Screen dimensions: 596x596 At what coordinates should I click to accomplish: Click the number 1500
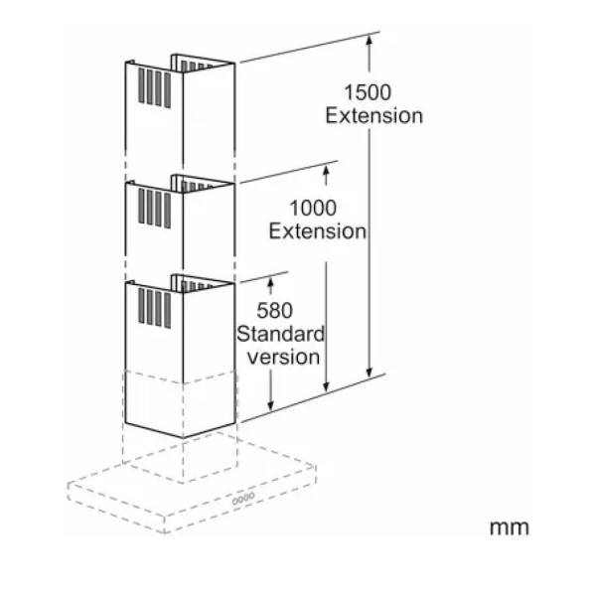pos(368,92)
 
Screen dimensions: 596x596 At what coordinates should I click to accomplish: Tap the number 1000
pos(313,208)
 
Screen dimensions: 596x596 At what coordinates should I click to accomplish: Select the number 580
pos(274,310)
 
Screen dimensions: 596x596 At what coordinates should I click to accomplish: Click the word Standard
pos(280,334)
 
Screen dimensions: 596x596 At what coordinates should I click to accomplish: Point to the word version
pos(283,357)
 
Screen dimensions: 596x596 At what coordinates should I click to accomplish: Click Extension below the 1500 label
pos(374,115)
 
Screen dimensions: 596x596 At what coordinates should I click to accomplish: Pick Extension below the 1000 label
pos(318,231)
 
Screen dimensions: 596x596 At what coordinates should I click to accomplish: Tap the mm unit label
pos(509,527)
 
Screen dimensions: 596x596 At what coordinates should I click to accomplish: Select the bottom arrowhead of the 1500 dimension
pos(369,374)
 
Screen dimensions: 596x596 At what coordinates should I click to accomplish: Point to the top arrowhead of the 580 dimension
pos(270,280)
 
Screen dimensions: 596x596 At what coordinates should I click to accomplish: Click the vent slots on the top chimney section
pos(154,88)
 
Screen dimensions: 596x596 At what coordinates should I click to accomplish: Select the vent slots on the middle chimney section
pos(154,208)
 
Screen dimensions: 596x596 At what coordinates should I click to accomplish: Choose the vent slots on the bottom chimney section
pos(154,308)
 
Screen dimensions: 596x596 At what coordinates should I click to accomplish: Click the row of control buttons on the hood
pos(243,499)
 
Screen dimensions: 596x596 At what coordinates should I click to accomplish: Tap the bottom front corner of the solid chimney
pos(183,438)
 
